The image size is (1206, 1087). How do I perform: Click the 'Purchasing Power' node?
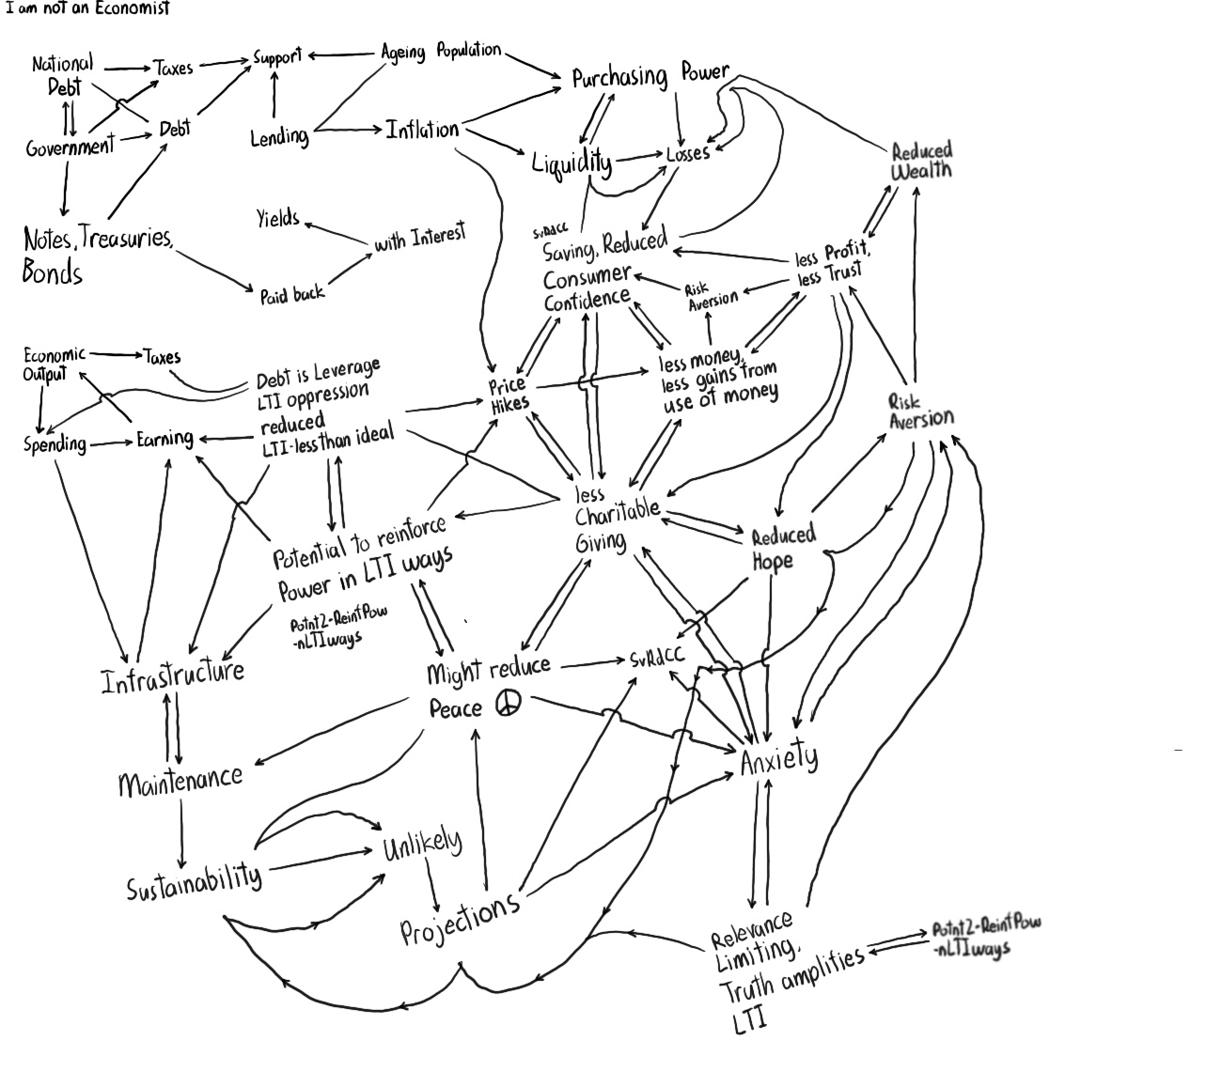coord(650,76)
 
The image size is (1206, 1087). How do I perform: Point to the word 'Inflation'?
coord(422,130)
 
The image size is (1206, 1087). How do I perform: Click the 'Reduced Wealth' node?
coord(921,161)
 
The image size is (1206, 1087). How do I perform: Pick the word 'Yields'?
coord(278,219)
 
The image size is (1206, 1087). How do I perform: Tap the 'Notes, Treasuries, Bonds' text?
coord(97,255)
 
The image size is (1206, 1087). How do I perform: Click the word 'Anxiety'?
coord(779,757)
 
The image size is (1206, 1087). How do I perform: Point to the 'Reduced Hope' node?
coord(782,548)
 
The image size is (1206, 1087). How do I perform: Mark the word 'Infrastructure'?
coord(173,675)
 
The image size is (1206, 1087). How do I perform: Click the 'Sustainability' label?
coord(195,879)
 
